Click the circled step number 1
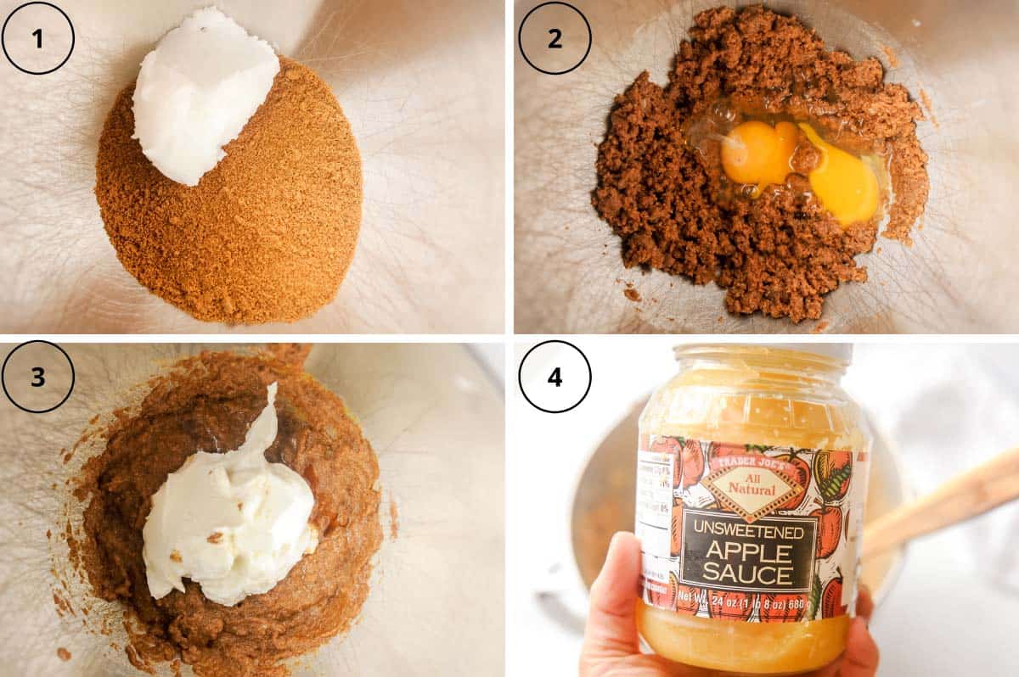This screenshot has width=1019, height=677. pyautogui.click(x=38, y=38)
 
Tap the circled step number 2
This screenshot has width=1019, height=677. pyautogui.click(x=555, y=38)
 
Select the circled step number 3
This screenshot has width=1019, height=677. pyautogui.click(x=38, y=377)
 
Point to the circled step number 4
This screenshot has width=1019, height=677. pyautogui.click(x=555, y=377)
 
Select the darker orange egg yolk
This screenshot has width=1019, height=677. pyautogui.click(x=758, y=154)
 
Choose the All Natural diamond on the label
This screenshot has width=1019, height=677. pyautogui.click(x=749, y=486)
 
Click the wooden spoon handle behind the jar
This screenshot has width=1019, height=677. pyautogui.click(x=943, y=501)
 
